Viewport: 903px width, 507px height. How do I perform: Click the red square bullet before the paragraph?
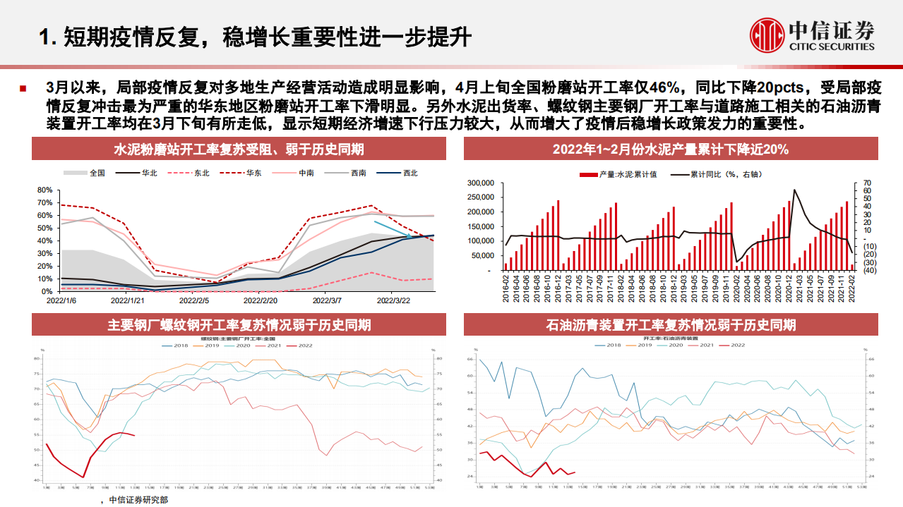pyautogui.click(x=23, y=89)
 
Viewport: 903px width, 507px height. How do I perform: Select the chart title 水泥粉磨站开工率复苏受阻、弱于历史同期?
pyautogui.click(x=239, y=149)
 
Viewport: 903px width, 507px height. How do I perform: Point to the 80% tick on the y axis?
pyautogui.click(x=44, y=190)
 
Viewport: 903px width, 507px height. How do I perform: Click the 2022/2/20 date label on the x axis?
pyautogui.click(x=263, y=300)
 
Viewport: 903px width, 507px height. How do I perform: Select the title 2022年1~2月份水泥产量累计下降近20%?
pyautogui.click(x=670, y=149)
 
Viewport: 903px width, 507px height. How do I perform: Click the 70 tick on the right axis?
pyautogui.click(x=866, y=183)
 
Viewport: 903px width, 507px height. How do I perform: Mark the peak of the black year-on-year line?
pyautogui.click(x=794, y=190)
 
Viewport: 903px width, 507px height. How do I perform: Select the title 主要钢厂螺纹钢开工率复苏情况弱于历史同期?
pyautogui.click(x=239, y=325)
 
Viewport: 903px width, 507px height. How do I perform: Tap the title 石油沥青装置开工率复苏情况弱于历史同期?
pyautogui.click(x=670, y=325)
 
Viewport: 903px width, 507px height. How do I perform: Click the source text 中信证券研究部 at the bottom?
pyautogui.click(x=139, y=500)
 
